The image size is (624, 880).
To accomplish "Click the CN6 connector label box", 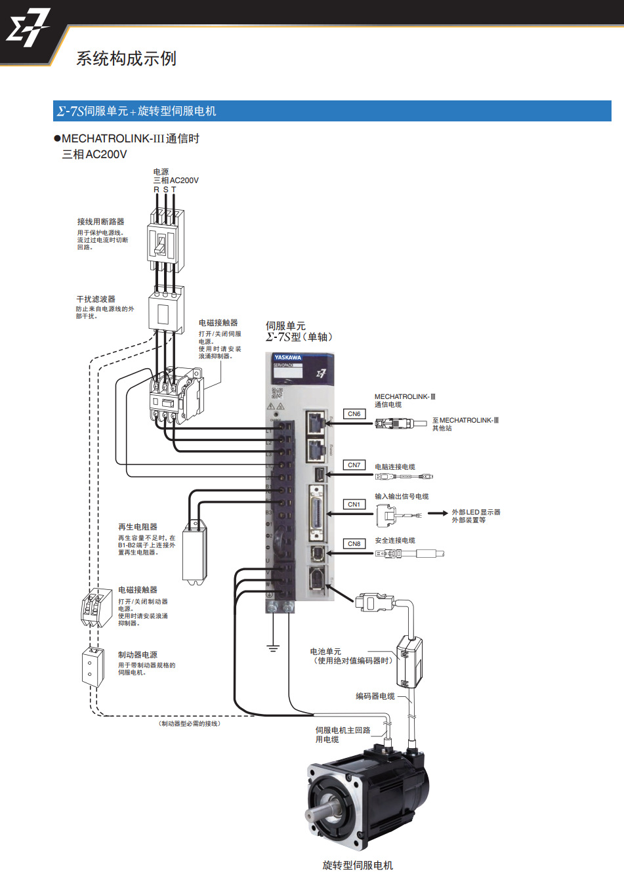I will point(354,414).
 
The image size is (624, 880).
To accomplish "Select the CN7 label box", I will point(354,465).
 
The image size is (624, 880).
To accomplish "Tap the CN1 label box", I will point(354,505).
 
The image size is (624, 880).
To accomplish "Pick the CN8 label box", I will point(354,544).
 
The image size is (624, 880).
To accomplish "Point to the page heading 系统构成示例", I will point(126,59).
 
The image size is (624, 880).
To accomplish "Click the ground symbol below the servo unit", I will point(273,648).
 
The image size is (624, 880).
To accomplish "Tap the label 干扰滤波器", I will point(96,299).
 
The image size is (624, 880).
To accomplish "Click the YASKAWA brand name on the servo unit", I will point(288,358).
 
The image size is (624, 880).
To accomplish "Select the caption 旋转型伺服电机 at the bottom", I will point(358,866).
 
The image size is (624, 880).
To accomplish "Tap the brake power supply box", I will point(93,667).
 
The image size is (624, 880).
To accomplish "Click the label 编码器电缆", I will point(375,696).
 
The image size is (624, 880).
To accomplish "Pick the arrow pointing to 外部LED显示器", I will point(438,513).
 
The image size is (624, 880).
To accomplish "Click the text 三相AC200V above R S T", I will point(176,180).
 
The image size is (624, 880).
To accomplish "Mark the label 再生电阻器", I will point(138,527).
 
